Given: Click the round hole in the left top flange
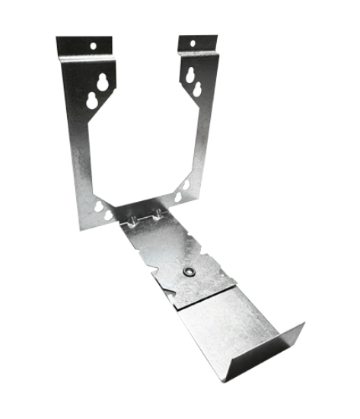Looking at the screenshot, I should (94, 45).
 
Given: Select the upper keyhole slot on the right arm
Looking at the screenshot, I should (188, 75).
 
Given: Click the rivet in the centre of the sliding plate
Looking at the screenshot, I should (187, 271).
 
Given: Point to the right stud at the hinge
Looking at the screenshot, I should (158, 216).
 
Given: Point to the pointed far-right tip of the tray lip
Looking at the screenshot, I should (304, 323).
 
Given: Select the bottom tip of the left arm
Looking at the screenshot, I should (82, 226).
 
